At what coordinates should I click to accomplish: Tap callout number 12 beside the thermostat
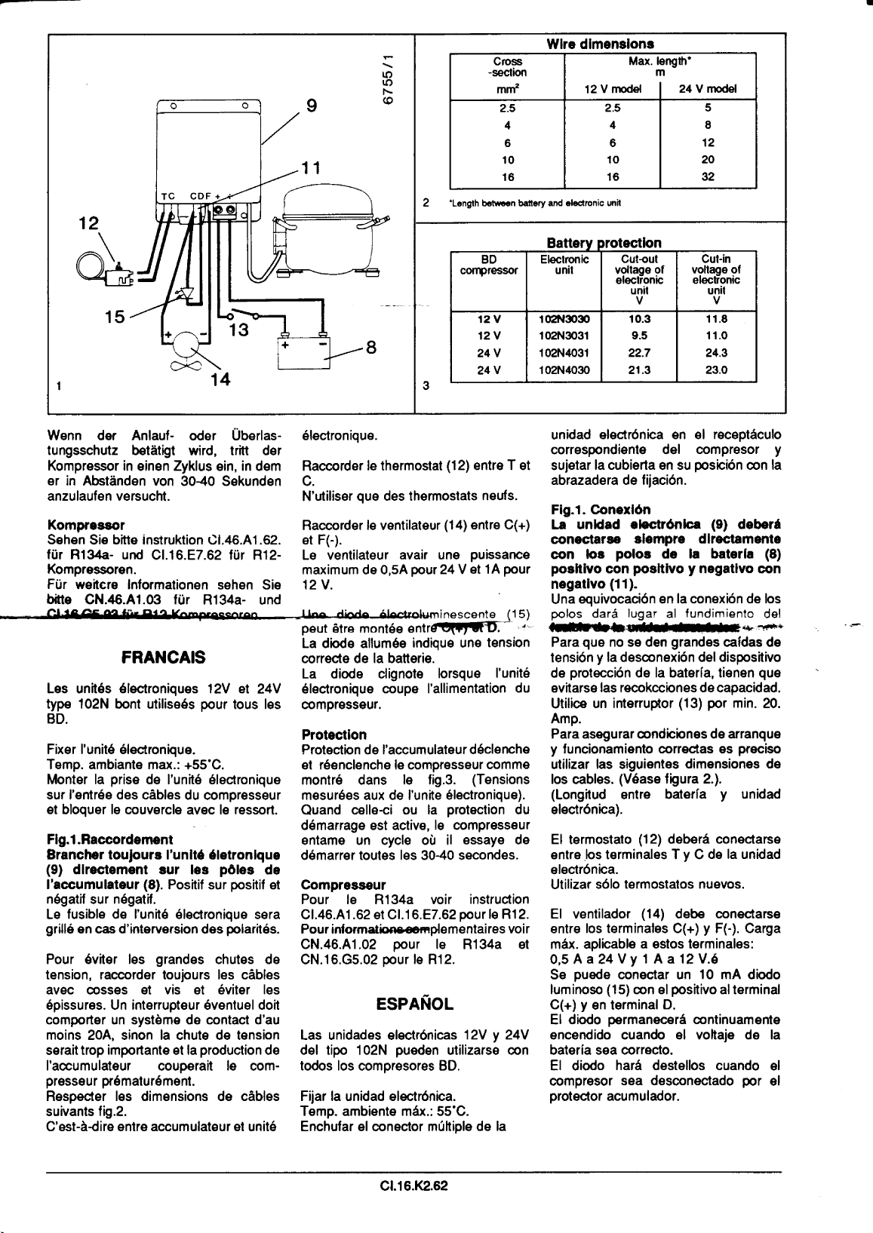coord(91,223)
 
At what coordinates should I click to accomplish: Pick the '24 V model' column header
coord(707,89)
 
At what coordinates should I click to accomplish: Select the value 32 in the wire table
coord(707,177)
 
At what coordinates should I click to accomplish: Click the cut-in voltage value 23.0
coord(716,370)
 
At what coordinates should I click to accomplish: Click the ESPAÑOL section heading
coord(414,1004)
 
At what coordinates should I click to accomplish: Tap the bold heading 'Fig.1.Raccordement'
coord(109,839)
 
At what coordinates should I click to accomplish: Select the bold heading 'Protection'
coord(334,734)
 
